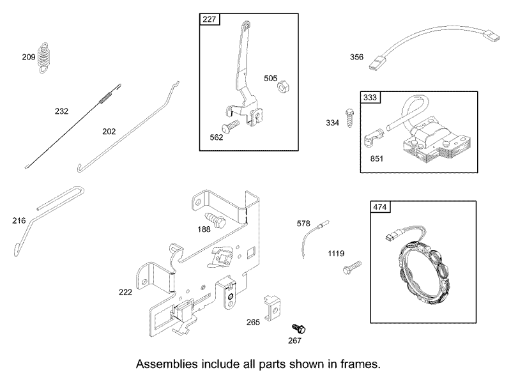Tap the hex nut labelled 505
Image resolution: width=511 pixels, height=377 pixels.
283,87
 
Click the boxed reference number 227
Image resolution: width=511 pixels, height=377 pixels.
210,19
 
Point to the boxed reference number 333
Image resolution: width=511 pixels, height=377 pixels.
370,97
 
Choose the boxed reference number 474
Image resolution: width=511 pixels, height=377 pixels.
379,207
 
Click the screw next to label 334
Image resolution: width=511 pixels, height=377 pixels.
349,118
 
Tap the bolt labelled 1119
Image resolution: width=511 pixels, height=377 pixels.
352,268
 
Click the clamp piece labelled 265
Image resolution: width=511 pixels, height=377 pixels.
271,307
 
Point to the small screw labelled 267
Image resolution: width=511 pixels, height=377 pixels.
298,328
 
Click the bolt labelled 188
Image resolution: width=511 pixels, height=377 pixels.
215,219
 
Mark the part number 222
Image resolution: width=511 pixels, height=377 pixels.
125,292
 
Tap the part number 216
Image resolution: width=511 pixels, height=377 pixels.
19,221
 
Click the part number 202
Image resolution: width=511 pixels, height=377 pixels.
109,132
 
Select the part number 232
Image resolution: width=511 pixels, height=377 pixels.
61,111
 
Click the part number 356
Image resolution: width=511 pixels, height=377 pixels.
356,57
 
